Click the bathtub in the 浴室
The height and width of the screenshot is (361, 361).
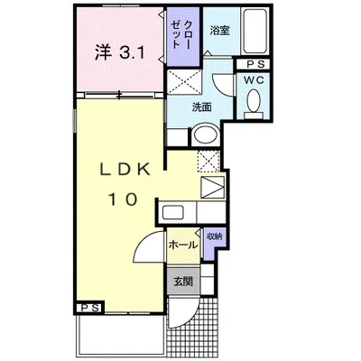(x=255, y=32)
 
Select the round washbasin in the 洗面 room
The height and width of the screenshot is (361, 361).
(x=206, y=134)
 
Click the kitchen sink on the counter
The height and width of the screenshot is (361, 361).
(x=173, y=212)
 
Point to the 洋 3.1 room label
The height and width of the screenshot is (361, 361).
(x=120, y=53)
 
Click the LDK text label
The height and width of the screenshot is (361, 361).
(x=125, y=171)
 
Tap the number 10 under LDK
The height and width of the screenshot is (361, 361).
(x=124, y=199)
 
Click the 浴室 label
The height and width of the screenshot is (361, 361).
(x=219, y=31)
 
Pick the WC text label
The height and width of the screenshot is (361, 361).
(x=254, y=80)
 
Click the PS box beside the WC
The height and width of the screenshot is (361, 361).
(x=253, y=64)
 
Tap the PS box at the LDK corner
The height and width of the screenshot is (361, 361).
(x=90, y=308)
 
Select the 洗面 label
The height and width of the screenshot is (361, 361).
(x=201, y=107)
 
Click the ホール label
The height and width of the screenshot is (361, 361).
(x=183, y=245)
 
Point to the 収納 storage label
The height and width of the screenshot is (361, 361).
(x=214, y=236)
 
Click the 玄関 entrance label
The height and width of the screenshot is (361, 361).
(x=183, y=282)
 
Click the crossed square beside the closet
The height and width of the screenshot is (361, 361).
(x=184, y=81)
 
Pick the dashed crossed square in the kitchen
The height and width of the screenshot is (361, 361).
(x=208, y=162)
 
